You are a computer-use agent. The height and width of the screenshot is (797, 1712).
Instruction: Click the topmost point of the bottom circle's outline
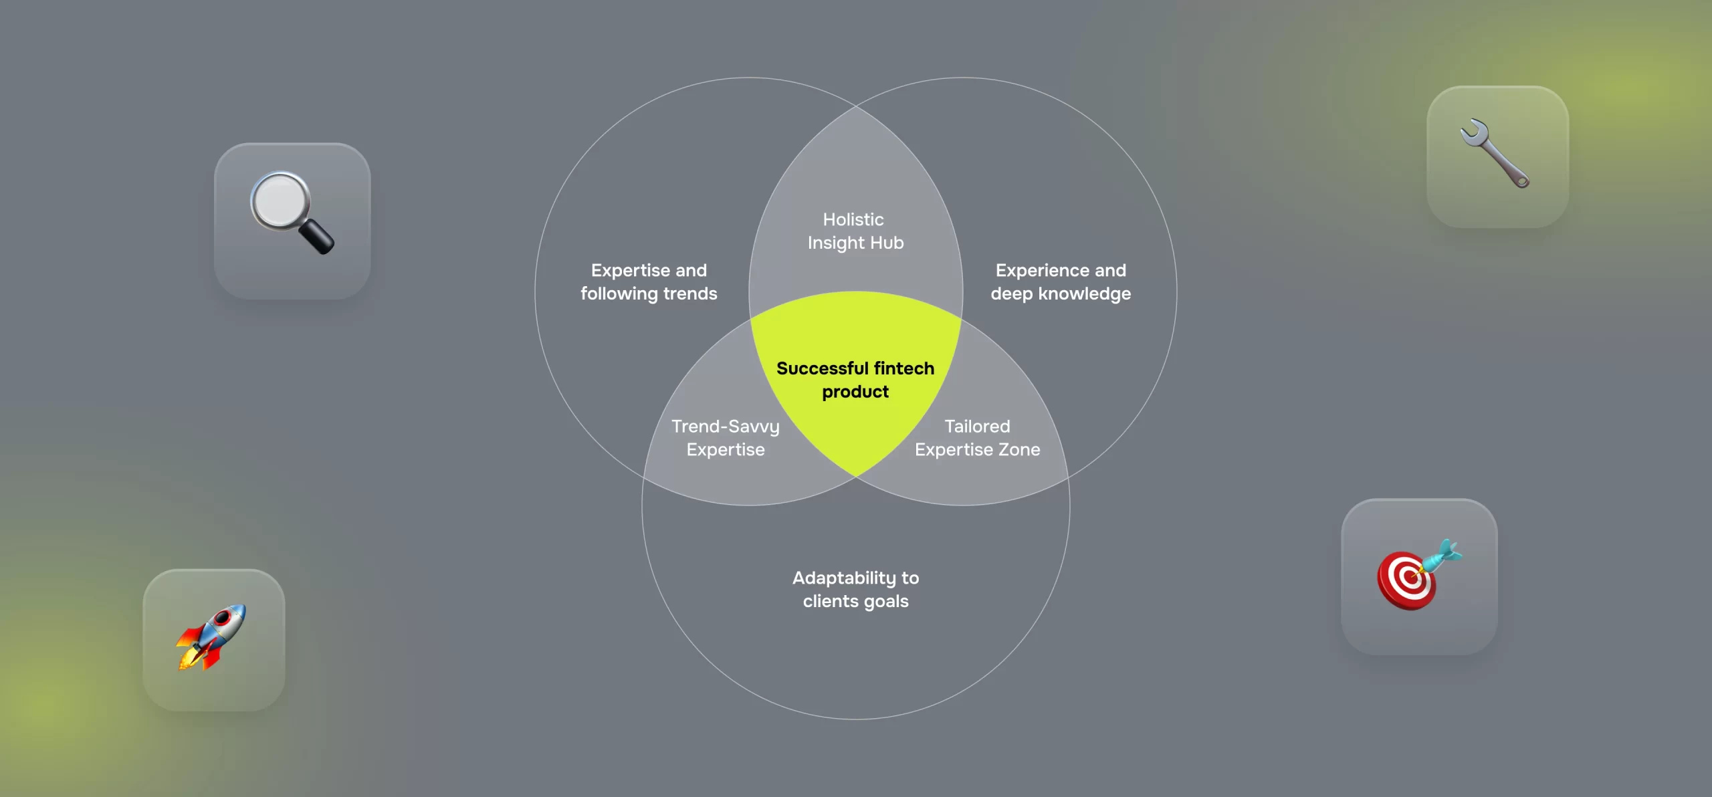pos(856,292)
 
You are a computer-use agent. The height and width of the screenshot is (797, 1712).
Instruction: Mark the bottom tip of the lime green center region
pos(856,477)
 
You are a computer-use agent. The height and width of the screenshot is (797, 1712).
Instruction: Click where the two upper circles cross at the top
pos(856,106)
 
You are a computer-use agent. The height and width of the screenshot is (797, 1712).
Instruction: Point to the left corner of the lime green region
pos(750,319)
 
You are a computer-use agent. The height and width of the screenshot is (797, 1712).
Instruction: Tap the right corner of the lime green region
pos(962,319)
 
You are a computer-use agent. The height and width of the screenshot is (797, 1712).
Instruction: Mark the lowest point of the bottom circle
pos(856,719)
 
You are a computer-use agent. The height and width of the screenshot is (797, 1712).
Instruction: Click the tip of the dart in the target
pos(1412,575)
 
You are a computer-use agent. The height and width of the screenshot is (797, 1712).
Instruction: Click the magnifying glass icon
pos(292,213)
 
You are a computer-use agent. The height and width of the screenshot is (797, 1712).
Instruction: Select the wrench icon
pos(1495,153)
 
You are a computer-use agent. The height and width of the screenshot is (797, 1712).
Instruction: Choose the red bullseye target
pos(1406,580)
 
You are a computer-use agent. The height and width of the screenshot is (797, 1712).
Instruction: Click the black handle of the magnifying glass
pos(316,237)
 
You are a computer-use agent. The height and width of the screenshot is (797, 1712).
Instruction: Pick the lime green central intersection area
pos(856,374)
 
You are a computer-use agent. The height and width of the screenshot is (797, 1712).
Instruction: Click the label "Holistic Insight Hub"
pos(855,231)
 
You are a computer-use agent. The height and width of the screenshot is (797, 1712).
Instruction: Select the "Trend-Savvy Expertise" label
pos(726,438)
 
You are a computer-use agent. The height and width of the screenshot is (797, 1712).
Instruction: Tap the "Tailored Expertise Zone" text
pos(977,438)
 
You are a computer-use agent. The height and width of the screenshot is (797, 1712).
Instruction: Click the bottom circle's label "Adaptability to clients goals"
pos(856,590)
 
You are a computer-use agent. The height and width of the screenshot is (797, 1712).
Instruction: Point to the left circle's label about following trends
pos(649,282)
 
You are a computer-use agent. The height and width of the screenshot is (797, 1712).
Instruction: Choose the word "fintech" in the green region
pos(903,368)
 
